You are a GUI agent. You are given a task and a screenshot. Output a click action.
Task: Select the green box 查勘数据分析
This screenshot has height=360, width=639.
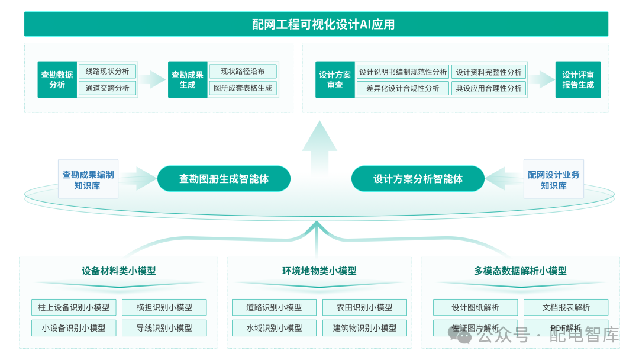[x=57, y=80]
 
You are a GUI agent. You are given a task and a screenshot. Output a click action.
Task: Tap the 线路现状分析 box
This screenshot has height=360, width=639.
[x=107, y=71]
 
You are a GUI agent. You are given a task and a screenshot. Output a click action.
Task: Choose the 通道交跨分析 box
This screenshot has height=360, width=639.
[x=107, y=88]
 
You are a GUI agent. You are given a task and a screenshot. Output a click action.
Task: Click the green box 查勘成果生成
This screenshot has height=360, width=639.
[x=188, y=80]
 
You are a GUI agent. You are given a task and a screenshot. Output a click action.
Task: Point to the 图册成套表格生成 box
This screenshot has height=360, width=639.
[x=243, y=88]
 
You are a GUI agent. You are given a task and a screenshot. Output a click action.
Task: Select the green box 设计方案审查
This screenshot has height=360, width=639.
[x=335, y=80]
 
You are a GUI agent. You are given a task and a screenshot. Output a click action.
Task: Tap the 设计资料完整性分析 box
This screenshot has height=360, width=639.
[x=489, y=72]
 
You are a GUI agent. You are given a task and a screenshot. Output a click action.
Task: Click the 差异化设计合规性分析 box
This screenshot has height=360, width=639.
[x=402, y=88]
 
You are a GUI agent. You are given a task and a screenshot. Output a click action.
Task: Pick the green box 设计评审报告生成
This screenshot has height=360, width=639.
[x=577, y=80]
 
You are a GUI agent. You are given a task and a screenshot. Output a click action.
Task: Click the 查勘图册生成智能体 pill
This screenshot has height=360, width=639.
[x=224, y=179]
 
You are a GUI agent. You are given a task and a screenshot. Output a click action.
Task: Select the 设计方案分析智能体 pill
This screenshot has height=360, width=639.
[x=418, y=179]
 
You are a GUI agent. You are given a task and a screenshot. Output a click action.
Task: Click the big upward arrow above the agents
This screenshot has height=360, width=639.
[x=319, y=148]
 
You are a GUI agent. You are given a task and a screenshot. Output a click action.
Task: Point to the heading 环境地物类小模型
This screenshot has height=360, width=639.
[x=319, y=271]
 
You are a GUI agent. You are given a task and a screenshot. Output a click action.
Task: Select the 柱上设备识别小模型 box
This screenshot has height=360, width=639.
[x=73, y=307]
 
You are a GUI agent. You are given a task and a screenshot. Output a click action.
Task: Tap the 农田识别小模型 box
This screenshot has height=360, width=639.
[x=364, y=307]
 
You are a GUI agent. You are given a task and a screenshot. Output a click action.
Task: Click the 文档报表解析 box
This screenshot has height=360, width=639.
[x=566, y=307]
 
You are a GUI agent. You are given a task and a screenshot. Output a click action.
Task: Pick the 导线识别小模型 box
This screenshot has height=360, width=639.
[x=164, y=327]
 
